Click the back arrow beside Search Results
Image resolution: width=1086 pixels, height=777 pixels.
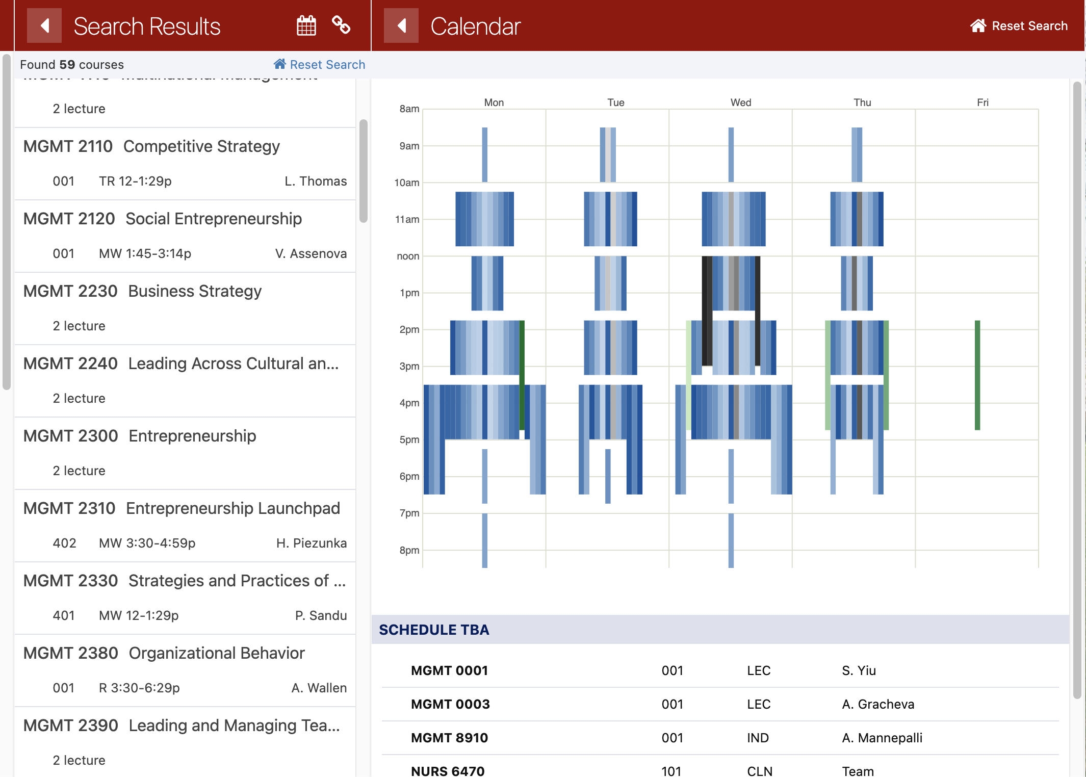point(44,25)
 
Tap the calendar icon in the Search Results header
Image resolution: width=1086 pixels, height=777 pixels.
point(306,25)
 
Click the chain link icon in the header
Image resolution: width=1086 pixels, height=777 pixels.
point(341,24)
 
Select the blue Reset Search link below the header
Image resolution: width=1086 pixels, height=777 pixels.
point(320,65)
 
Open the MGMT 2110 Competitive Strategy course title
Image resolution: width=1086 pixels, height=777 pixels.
point(151,146)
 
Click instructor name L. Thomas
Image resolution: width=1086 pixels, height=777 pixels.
point(316,181)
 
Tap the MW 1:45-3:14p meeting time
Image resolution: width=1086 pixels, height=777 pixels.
point(145,253)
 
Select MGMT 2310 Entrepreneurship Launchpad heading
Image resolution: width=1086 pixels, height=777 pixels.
point(182,508)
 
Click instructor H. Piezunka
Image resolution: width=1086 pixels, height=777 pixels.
point(312,543)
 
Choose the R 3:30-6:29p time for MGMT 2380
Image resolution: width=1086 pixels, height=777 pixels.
point(139,688)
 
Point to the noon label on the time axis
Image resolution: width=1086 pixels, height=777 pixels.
point(408,256)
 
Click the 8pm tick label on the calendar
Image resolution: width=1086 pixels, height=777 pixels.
point(409,550)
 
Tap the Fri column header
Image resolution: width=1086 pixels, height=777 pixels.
point(982,102)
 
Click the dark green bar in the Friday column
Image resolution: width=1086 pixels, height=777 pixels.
point(977,375)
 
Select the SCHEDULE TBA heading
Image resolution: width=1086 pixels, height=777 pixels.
point(434,630)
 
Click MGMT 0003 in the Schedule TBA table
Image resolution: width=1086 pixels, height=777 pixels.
point(450,704)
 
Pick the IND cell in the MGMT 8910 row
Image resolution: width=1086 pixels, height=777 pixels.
point(758,738)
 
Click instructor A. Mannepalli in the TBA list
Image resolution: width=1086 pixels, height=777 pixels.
point(882,738)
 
